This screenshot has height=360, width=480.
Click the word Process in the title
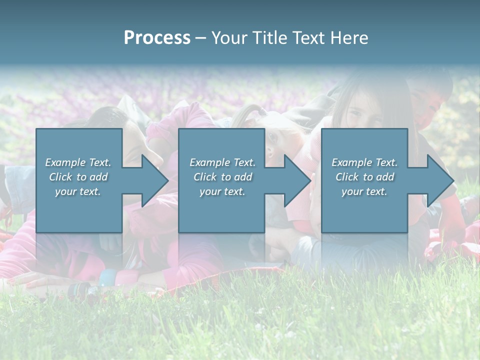coord(157,38)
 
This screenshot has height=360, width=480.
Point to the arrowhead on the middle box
coord(296,180)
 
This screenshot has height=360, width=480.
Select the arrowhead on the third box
coord(439,180)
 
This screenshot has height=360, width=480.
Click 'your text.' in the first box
coord(78,191)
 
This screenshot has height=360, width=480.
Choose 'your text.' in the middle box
coord(222,191)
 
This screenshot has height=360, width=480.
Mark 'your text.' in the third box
coord(364,191)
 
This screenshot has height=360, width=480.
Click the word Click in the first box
coord(60,177)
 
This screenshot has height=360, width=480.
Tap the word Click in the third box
coord(347,177)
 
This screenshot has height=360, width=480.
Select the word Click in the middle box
coord(205,177)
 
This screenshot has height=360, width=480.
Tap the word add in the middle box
coord(243,177)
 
